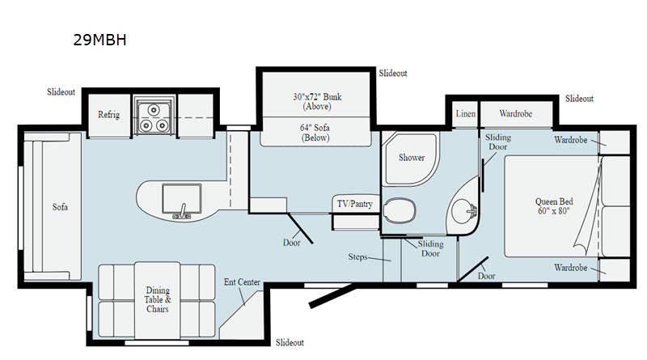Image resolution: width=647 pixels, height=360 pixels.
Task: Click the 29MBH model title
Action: (99, 40)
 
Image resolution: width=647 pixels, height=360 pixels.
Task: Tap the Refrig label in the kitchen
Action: (108, 114)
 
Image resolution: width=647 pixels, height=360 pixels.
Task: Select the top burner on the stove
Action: (154, 109)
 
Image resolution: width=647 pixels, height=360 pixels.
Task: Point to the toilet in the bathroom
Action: (400, 210)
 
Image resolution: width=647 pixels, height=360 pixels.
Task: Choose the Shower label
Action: (412, 157)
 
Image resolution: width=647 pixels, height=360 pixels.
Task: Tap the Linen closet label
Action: (466, 113)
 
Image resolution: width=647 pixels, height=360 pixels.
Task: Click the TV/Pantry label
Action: (355, 204)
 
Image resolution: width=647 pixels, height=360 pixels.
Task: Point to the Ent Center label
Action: (242, 282)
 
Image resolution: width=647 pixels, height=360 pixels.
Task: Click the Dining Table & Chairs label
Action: (158, 299)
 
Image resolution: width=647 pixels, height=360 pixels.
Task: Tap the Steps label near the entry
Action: (357, 256)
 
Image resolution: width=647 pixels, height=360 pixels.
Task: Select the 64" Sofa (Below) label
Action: (315, 133)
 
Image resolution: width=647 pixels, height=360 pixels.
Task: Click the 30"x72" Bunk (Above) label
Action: (317, 101)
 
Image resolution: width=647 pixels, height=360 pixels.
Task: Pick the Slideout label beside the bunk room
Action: (393, 73)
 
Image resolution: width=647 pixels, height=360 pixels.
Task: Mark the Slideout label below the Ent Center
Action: (290, 342)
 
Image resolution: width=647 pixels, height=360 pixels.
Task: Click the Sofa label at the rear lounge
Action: (60, 207)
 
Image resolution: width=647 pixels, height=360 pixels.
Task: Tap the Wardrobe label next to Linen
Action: (515, 113)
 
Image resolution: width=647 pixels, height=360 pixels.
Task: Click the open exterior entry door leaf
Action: (332, 295)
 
